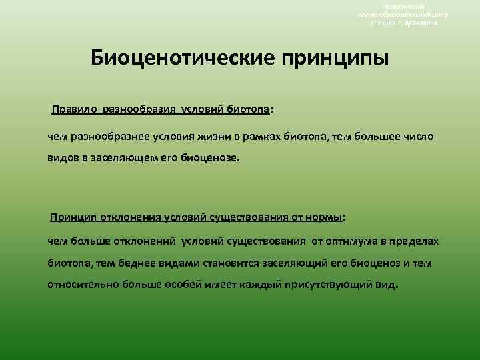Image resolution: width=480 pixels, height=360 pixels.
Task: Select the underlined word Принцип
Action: pyautogui.click(x=71, y=217)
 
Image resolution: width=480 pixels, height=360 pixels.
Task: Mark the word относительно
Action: pyautogui.click(x=80, y=285)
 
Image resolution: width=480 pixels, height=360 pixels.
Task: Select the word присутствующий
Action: pyautogui.click(x=334, y=285)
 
